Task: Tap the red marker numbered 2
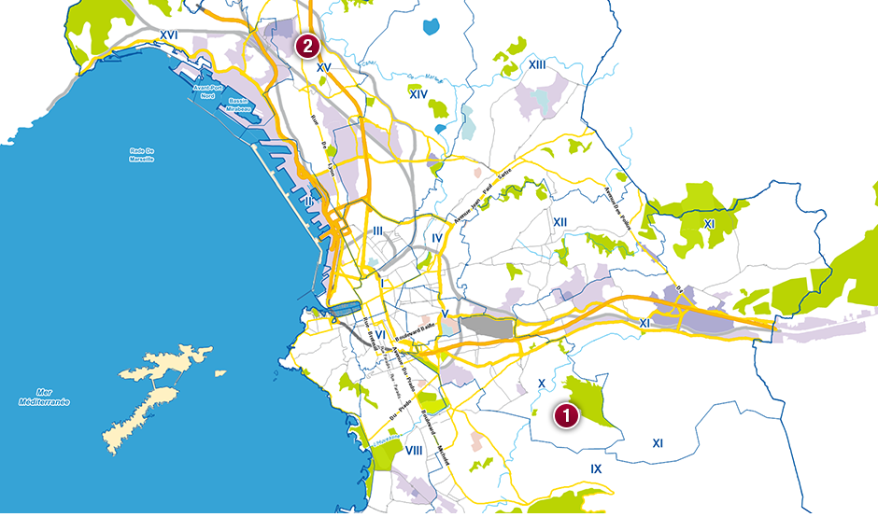307,45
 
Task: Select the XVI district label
169,35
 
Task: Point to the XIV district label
418,94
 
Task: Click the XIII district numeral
537,64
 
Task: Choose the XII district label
560,221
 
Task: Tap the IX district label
596,468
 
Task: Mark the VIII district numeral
415,451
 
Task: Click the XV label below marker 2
324,68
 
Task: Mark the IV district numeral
437,239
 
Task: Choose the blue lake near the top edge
430,26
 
